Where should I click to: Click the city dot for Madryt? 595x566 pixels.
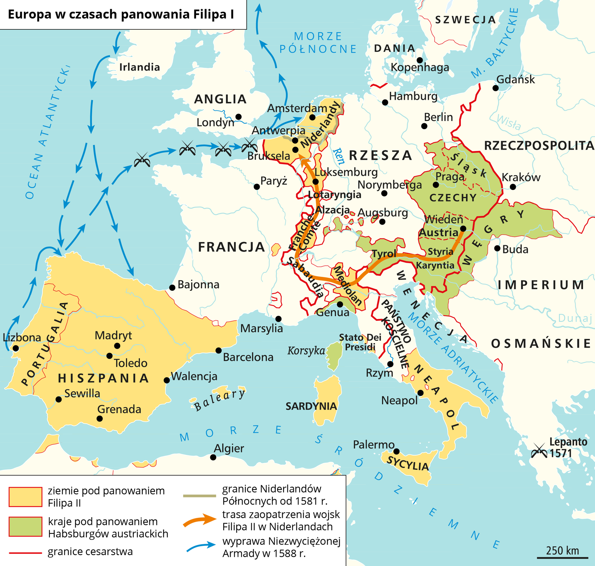(117, 346)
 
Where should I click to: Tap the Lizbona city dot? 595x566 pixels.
(16, 348)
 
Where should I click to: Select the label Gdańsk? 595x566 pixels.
(515, 79)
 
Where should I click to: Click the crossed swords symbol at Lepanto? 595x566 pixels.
(539, 451)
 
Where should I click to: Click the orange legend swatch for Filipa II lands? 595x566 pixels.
(25, 497)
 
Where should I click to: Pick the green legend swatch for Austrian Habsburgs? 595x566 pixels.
(25, 526)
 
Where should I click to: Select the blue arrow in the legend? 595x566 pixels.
(201, 547)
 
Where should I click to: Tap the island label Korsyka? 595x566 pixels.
(306, 351)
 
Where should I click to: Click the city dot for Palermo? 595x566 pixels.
(396, 451)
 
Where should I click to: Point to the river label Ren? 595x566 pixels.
(339, 156)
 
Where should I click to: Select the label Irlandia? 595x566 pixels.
(139, 67)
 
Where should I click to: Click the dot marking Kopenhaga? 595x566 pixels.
(420, 60)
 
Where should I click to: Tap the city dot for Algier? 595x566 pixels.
(213, 457)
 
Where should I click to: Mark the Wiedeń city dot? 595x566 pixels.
(463, 229)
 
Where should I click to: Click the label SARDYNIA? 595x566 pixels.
(311, 406)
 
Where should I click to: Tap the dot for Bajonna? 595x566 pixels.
(172, 288)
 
